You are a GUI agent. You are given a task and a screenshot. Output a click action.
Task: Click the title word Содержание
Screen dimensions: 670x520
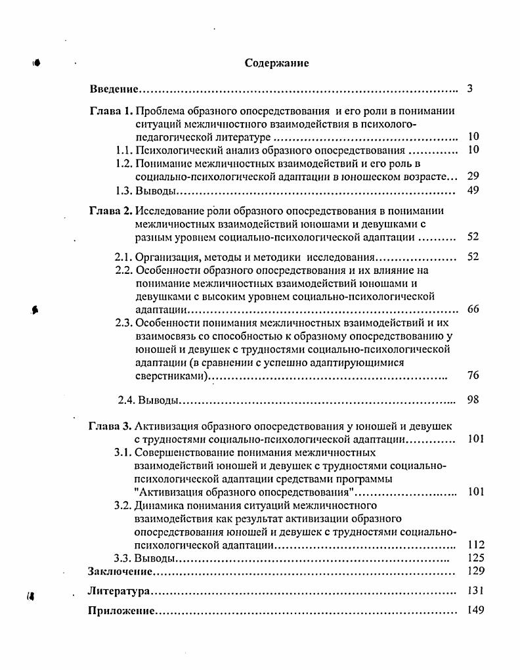[276, 63]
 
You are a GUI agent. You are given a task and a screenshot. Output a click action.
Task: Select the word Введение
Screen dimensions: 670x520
[113, 89]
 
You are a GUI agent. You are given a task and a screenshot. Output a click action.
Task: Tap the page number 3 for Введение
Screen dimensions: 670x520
[470, 89]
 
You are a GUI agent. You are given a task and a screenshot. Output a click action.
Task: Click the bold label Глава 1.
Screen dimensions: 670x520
[111, 111]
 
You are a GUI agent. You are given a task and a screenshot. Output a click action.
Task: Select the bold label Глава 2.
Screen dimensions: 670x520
[111, 211]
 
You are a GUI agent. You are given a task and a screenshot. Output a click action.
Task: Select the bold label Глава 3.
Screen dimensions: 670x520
[111, 426]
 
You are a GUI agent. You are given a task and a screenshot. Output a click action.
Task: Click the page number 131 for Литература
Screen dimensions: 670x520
[476, 591]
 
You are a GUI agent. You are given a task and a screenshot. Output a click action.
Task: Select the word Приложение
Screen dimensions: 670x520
[121, 611]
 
